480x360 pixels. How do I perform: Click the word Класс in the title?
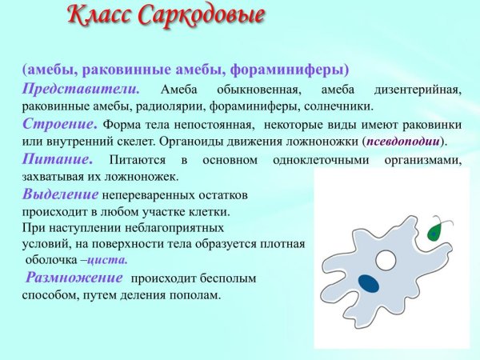click(94, 15)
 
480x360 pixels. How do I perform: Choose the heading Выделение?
click(61, 194)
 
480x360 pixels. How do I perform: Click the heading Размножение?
click(74, 278)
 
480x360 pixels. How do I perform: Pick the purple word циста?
click(106, 260)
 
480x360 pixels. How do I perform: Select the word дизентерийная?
click(417, 90)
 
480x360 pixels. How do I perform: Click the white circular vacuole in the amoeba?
click(386, 261)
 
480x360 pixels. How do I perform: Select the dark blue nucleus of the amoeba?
click(369, 282)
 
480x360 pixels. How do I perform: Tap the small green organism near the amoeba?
click(434, 230)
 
